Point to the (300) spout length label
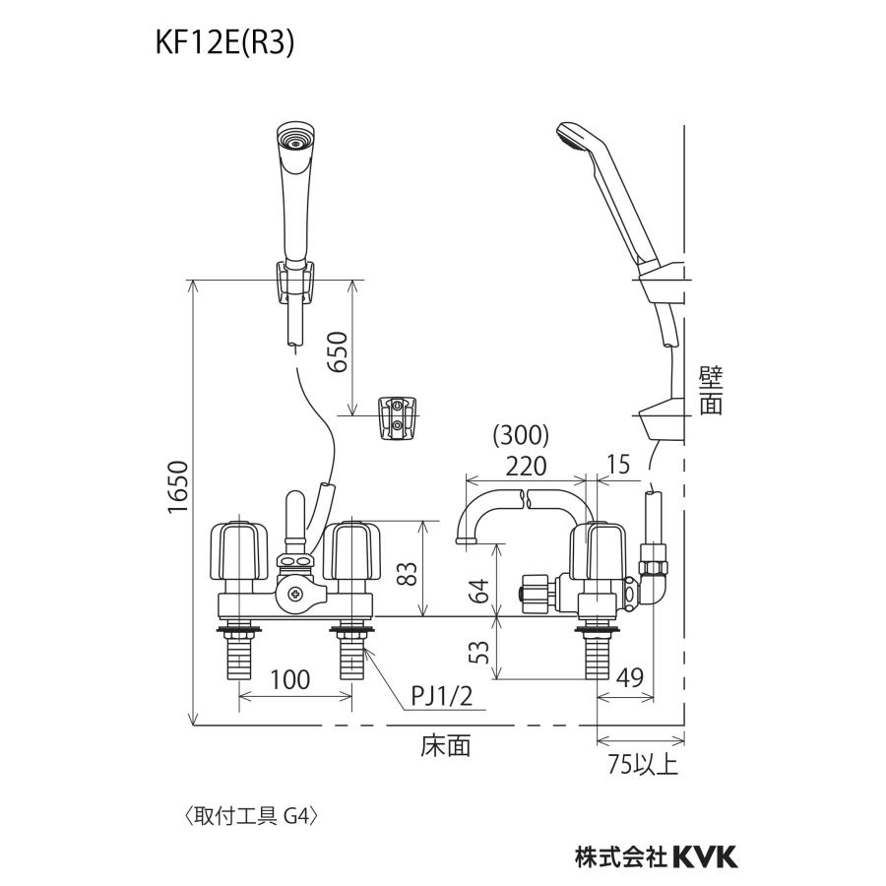point(521,434)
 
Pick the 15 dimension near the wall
point(618,464)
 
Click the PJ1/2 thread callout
point(442,697)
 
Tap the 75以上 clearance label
point(643,765)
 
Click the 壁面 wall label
point(711,391)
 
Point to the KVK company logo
point(703,856)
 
